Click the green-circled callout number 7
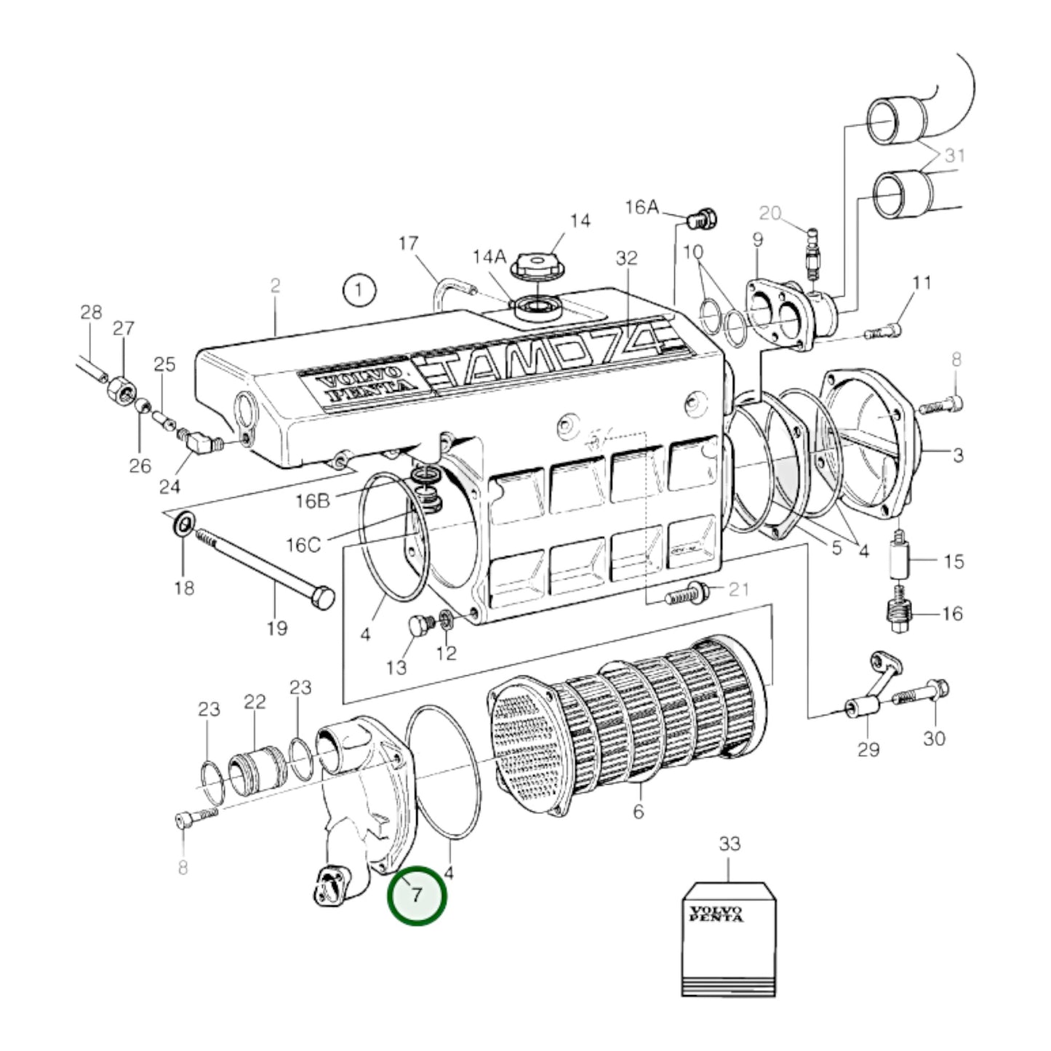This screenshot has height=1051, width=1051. (416, 895)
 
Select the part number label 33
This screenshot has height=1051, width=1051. (730, 844)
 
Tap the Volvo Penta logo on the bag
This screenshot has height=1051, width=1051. (716, 914)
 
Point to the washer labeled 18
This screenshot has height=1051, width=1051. (183, 522)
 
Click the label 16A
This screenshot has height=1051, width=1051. (643, 208)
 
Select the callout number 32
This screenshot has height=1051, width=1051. (626, 257)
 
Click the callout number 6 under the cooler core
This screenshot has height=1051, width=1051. (638, 811)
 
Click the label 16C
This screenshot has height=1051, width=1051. (304, 545)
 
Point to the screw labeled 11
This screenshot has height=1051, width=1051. (884, 332)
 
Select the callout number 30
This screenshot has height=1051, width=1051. (934, 738)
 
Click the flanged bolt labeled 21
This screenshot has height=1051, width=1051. (688, 594)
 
